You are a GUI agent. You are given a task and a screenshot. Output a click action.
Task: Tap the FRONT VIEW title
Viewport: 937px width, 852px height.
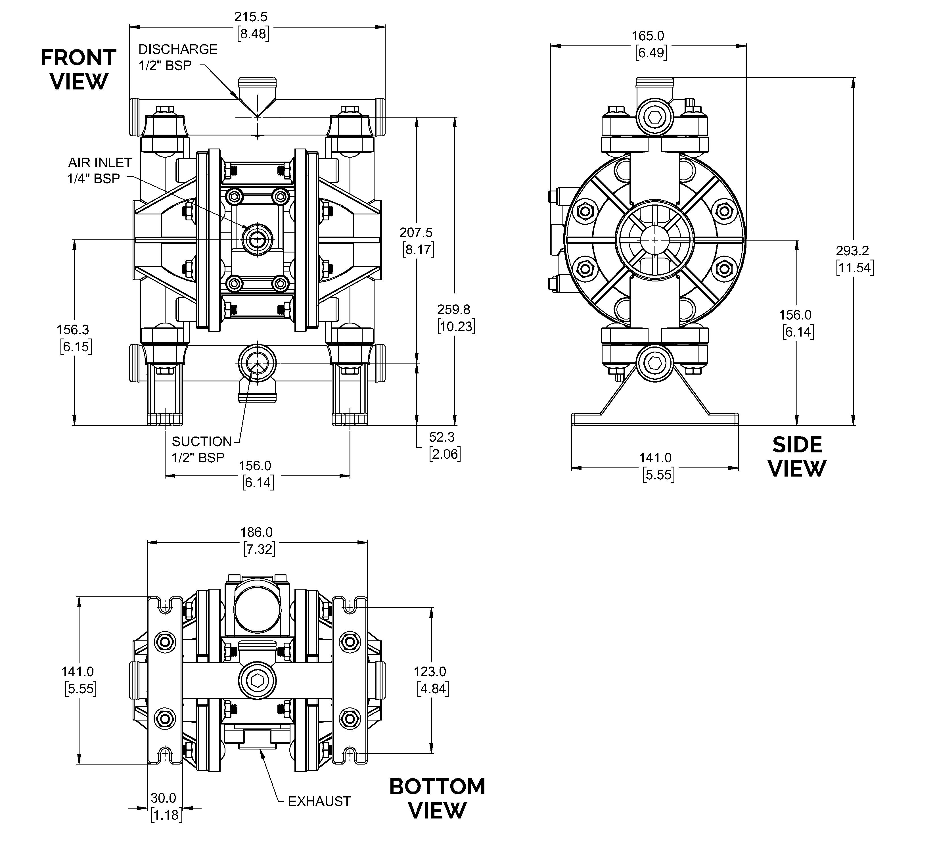coord(79,70)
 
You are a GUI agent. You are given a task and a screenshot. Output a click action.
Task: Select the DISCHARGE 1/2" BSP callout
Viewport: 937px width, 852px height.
coord(178,57)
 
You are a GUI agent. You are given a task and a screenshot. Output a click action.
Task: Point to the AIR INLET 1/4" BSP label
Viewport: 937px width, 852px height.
coord(99,170)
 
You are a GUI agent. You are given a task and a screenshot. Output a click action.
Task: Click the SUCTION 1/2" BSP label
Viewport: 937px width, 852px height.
coord(201,449)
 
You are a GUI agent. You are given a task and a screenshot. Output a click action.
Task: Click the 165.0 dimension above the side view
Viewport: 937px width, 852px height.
coord(648,36)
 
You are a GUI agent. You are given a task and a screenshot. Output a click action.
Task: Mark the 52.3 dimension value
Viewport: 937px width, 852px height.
coord(442,437)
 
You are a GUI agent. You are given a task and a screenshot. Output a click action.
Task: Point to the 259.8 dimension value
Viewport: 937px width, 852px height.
coord(454,309)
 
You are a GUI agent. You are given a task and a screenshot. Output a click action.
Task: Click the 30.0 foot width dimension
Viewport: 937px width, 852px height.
coord(163,798)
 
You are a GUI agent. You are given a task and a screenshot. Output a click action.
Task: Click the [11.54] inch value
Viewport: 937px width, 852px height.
coord(854,268)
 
